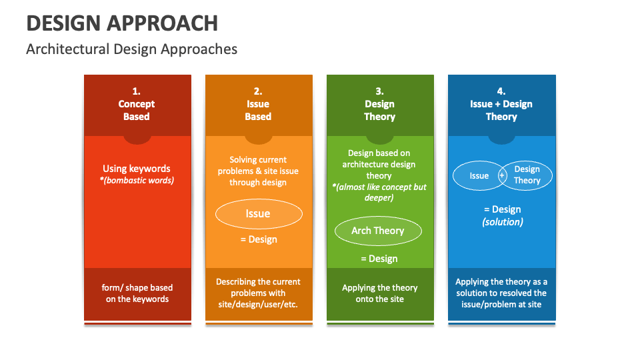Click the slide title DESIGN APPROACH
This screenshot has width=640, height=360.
pyautogui.click(x=122, y=23)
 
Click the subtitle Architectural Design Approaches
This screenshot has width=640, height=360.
pyautogui.click(x=131, y=49)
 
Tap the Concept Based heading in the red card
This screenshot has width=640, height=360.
pyautogui.click(x=137, y=110)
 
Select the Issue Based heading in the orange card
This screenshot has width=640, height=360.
pyautogui.click(x=258, y=110)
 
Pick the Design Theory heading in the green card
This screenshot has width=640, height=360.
pyautogui.click(x=379, y=110)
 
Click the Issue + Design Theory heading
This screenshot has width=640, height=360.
pyautogui.click(x=501, y=110)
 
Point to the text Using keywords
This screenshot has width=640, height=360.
pyautogui.click(x=137, y=169)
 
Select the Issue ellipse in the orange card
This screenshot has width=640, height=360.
pyautogui.click(x=258, y=214)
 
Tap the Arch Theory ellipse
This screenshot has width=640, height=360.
pyautogui.click(x=378, y=231)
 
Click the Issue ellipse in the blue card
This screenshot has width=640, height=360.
pyautogui.click(x=477, y=176)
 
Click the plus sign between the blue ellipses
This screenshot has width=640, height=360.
pyautogui.click(x=502, y=176)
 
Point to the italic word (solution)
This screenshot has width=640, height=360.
pyautogui.click(x=502, y=221)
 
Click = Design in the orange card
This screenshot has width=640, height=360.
pyautogui.click(x=258, y=239)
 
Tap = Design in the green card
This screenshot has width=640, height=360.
pyautogui.click(x=379, y=259)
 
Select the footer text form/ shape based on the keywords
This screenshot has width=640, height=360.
pyautogui.click(x=137, y=293)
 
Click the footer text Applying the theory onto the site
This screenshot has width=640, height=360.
pyautogui.click(x=379, y=293)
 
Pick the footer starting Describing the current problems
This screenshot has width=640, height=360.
pyautogui.click(x=258, y=293)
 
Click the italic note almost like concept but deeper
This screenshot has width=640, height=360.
pyautogui.click(x=379, y=192)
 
